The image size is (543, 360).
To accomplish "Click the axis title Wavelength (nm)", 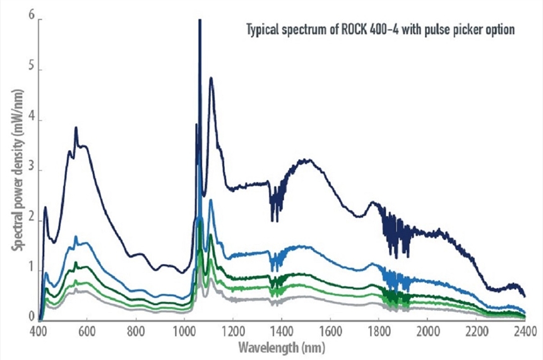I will click(x=281, y=348).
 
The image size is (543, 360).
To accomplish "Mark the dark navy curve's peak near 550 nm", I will click(x=76, y=128).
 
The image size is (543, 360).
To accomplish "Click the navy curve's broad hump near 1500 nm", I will click(x=307, y=160).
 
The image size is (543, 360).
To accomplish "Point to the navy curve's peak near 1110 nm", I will click(x=211, y=78).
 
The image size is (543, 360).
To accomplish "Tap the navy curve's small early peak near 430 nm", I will click(x=45, y=207).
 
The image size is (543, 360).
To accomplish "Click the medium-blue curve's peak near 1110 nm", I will click(x=210, y=200).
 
